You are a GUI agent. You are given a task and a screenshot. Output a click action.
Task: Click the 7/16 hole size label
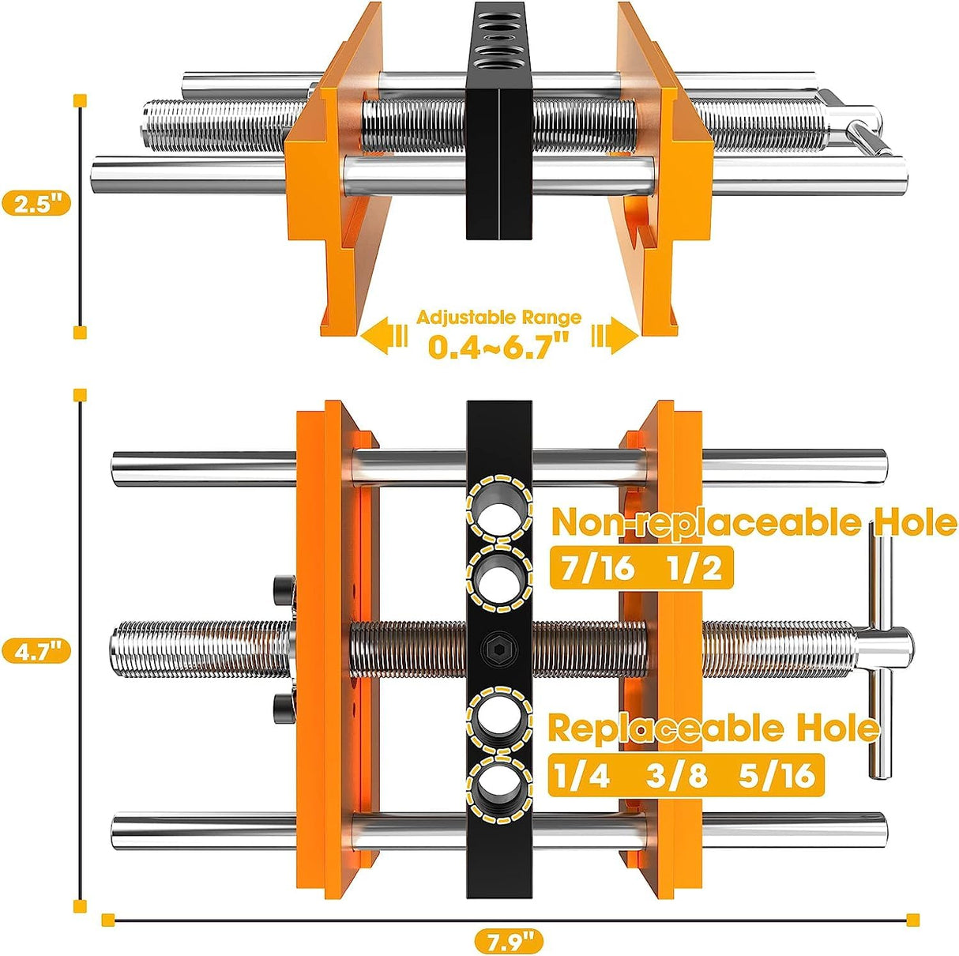pyautogui.click(x=596, y=568)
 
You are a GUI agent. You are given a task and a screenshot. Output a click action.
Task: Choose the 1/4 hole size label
pyautogui.click(x=582, y=776)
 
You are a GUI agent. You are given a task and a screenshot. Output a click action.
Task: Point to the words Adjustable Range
pyautogui.click(x=498, y=318)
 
